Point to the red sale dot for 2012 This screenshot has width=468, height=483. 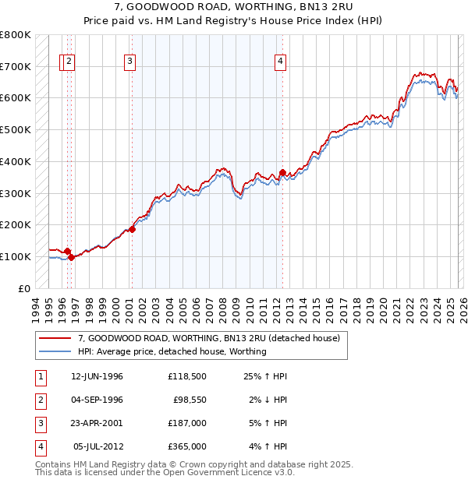pos(282,172)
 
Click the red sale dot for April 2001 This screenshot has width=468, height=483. pos(133,229)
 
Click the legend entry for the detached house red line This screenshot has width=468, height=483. pos(208,339)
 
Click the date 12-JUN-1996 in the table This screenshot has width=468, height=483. pos(97,376)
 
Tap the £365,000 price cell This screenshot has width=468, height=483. pos(187,446)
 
